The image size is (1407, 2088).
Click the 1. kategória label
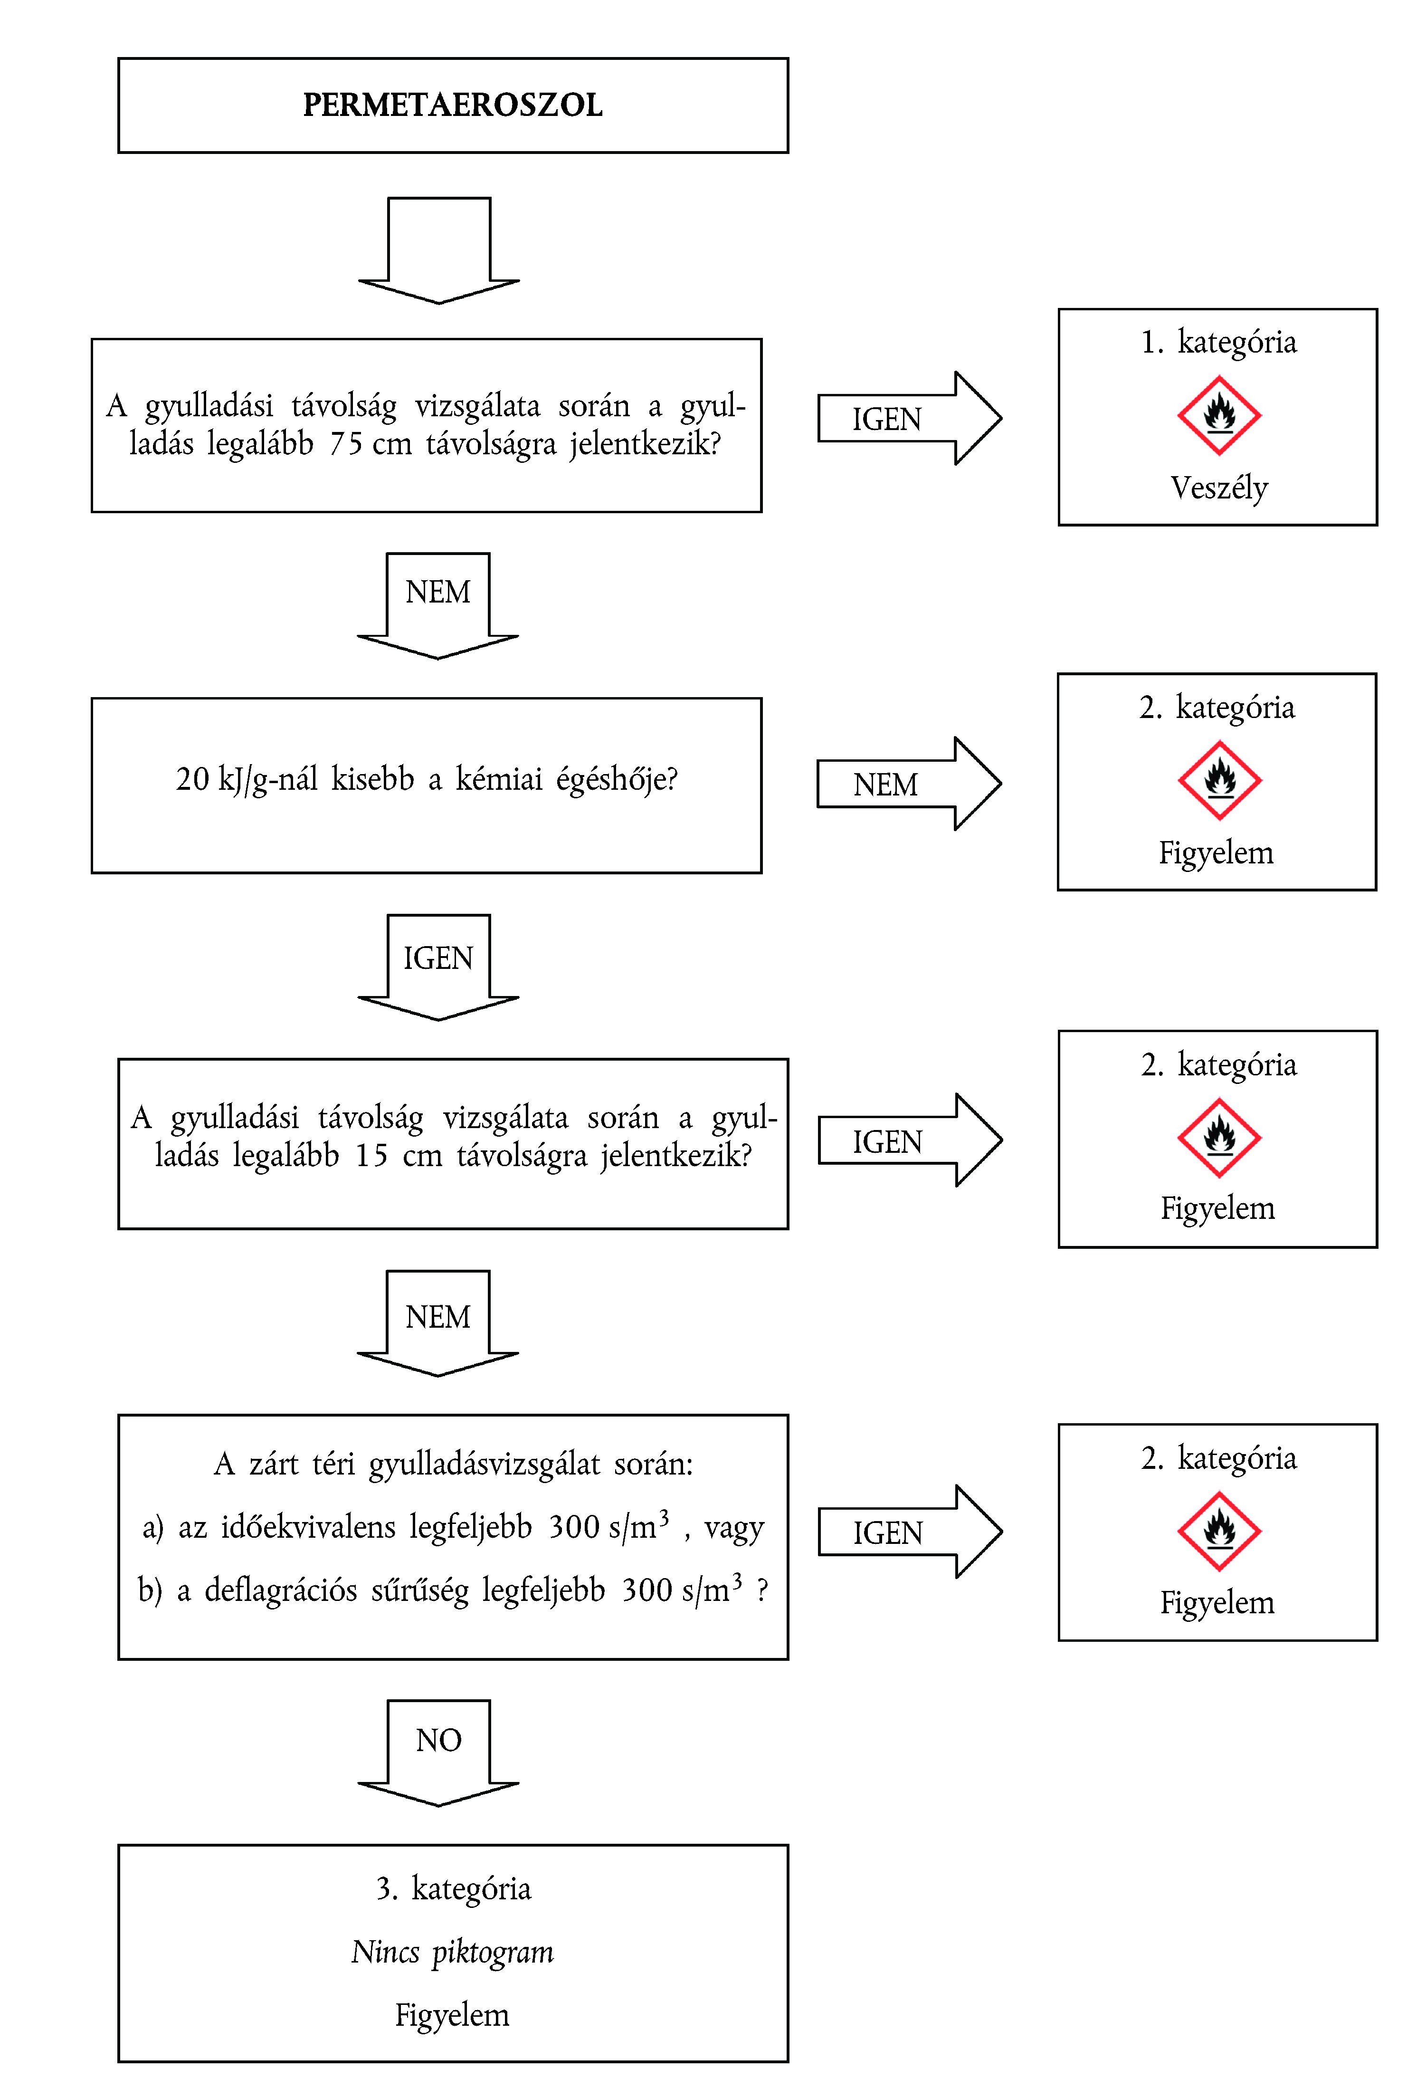[1218, 342]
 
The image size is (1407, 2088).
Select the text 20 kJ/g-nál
[246, 779]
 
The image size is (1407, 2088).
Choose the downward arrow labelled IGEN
[438, 965]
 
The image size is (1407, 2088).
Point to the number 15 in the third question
[371, 1155]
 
